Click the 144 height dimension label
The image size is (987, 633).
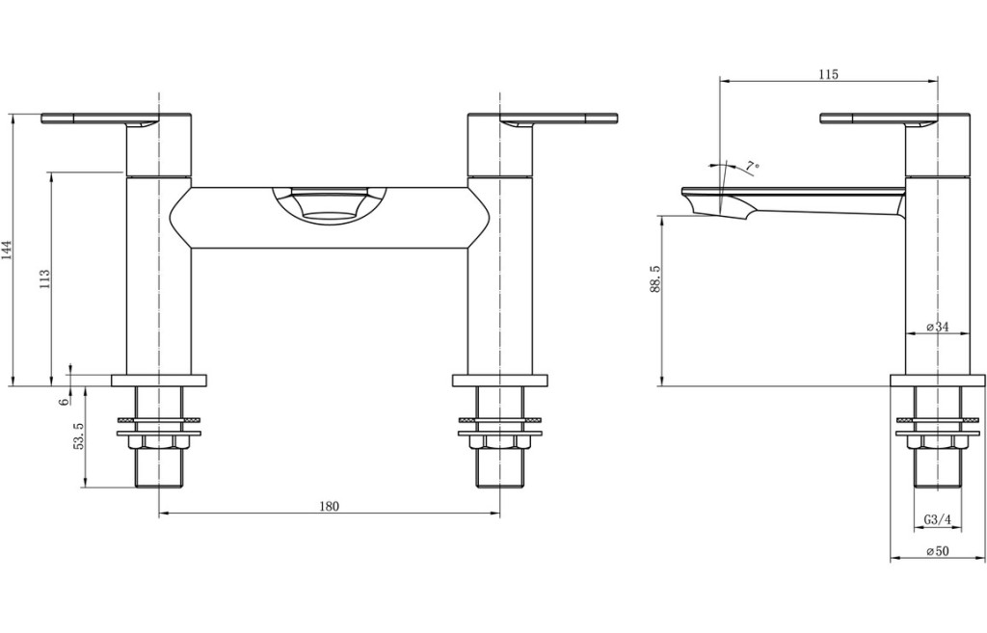[7, 250]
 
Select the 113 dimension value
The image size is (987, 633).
[44, 278]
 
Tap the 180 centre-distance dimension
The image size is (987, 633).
[330, 506]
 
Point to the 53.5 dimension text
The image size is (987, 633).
[79, 435]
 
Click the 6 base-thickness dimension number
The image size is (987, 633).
[64, 401]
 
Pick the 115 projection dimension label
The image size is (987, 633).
[828, 74]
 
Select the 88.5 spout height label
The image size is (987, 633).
[654, 278]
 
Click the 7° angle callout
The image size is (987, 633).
[752, 166]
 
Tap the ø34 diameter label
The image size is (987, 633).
[937, 327]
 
